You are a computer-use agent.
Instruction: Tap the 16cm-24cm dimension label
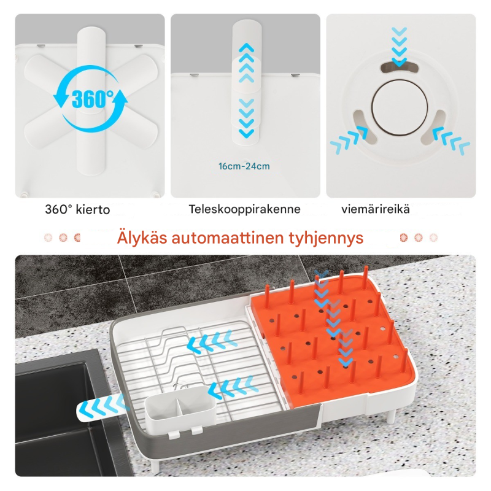244,166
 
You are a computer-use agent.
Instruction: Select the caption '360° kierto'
77,209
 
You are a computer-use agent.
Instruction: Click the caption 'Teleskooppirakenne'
244,209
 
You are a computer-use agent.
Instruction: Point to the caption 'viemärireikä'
376,209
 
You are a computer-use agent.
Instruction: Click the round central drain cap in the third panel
400,108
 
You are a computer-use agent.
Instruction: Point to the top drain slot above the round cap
400,67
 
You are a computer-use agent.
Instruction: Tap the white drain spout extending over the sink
101,408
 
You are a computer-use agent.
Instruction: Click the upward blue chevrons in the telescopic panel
247,63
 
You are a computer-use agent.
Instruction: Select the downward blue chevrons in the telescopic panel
247,118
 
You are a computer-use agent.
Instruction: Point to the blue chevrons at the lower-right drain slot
451,141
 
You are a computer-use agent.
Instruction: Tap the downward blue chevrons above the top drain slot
400,47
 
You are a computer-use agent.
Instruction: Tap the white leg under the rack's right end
392,413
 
